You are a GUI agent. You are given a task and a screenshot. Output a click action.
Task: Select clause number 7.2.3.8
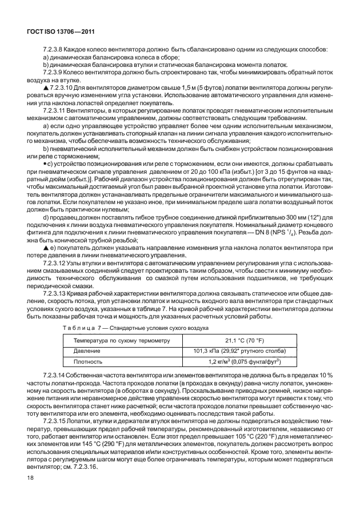point(55,49)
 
